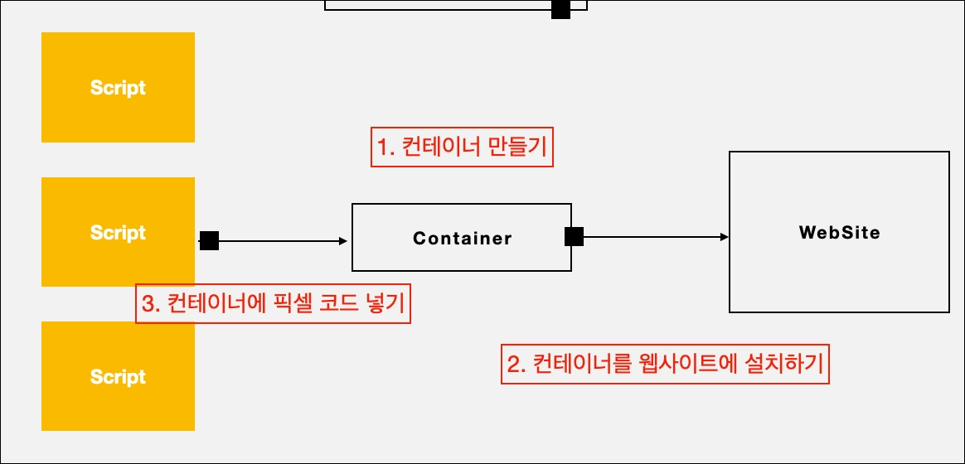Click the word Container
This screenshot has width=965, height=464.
tap(463, 239)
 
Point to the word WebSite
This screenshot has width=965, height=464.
tap(839, 233)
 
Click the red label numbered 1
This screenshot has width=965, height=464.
tap(461, 148)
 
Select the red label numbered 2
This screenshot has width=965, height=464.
tap(665, 364)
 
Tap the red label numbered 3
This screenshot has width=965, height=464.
tap(273, 304)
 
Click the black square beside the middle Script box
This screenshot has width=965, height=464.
tap(209, 241)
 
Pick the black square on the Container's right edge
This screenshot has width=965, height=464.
tap(574, 237)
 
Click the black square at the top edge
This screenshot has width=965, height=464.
tap(561, 8)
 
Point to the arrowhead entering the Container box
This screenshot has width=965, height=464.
tap(343, 241)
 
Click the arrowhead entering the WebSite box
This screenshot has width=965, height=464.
tap(724, 237)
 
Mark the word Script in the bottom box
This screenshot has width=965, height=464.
tap(118, 377)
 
